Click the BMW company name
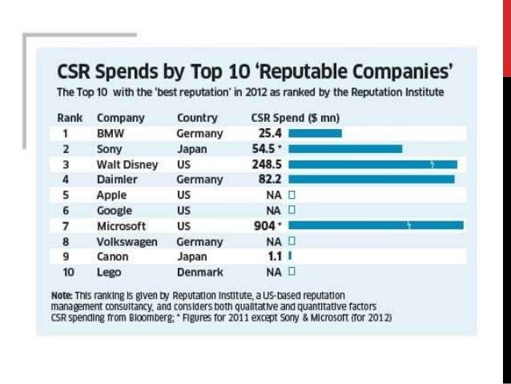coord(109,133)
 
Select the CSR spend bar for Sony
coord(345,148)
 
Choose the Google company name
coord(114,210)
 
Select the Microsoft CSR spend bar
coord(376,225)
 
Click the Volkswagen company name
coord(126,241)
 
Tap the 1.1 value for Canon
coord(275,256)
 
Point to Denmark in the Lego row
coord(199,272)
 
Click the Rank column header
coord(70,118)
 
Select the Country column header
coord(197,118)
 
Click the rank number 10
coord(66,272)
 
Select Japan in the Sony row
coord(191,149)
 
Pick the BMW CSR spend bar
coord(315,133)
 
